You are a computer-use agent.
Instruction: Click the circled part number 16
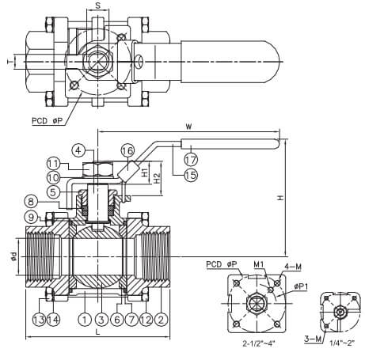point(127,151)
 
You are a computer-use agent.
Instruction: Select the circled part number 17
point(191,160)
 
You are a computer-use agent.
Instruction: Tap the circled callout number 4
point(78,150)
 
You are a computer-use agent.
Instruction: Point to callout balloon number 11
point(54,164)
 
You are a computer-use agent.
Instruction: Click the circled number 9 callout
point(31,218)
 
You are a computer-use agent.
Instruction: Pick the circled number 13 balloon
point(39,320)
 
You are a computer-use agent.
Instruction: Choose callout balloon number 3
point(101,320)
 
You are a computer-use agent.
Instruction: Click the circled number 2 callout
point(161,320)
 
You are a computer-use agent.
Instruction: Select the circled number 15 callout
point(191,175)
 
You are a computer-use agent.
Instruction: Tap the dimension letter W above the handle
point(188,127)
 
